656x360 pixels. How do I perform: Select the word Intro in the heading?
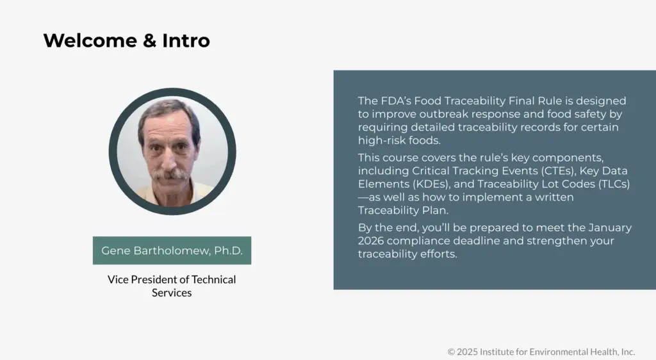tap(186, 41)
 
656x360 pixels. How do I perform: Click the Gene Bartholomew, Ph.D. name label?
tap(172, 250)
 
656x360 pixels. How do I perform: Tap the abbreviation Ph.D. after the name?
tap(228, 250)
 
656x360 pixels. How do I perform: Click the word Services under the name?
tap(172, 293)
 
